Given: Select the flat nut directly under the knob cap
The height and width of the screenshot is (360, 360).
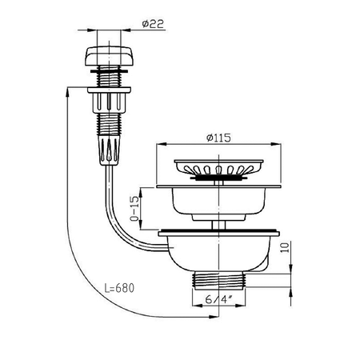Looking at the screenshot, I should click(x=103, y=75).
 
